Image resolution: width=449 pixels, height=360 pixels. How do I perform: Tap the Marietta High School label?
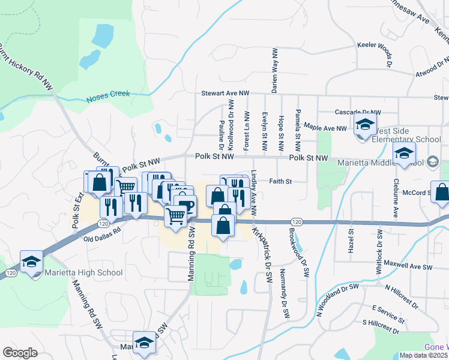(x=84, y=273)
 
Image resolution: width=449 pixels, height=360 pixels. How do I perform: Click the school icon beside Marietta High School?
(x=31, y=262)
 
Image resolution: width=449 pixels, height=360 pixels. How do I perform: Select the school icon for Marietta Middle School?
(x=405, y=154)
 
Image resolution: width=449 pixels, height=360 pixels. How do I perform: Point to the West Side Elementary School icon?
(x=364, y=126)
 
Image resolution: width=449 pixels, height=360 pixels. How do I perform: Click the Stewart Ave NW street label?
(x=224, y=94)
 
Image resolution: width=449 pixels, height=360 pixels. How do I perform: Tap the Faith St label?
(x=280, y=181)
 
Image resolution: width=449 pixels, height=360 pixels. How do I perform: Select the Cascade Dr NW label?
(x=358, y=112)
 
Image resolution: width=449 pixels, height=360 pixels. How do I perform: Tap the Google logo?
(x=20, y=352)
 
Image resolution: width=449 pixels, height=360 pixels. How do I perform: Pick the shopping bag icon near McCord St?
(x=441, y=193)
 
